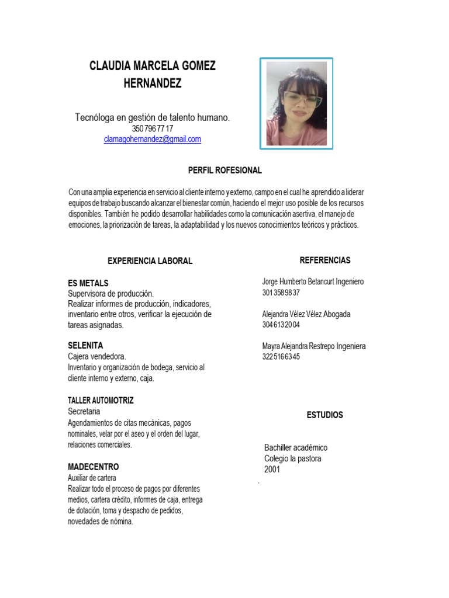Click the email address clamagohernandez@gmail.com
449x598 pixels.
[x=152, y=139]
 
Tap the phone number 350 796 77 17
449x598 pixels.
[x=153, y=128]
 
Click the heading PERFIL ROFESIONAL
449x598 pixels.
[x=224, y=171]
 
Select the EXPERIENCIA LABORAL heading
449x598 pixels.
[x=150, y=261]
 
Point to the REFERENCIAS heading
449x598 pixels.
[x=325, y=260]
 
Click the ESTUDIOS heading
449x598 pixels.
[x=325, y=415]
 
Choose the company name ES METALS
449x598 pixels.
[x=88, y=283]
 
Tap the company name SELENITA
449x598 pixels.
[x=85, y=346]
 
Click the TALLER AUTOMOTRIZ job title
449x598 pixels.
[x=101, y=401]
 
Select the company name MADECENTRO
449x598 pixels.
[x=94, y=467]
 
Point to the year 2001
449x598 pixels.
[x=272, y=470]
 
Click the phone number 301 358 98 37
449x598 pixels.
[x=281, y=293]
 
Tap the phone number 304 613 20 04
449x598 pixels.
[x=281, y=325]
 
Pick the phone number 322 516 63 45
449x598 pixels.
[x=281, y=357]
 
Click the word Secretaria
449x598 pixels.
[x=84, y=412]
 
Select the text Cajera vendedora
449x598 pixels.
[x=97, y=357]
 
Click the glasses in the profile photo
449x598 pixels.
[x=303, y=99]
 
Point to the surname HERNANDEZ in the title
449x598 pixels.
[x=153, y=84]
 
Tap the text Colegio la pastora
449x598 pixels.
[x=293, y=458]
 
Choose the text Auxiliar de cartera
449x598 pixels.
[x=92, y=478]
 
